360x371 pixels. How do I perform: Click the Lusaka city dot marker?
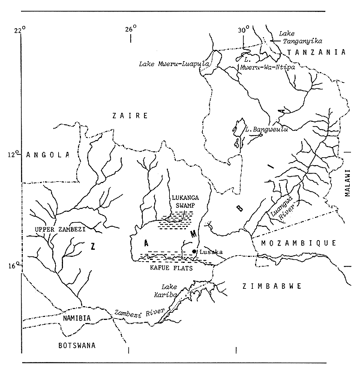pos(194,252)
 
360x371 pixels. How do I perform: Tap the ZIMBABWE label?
pos(271,287)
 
